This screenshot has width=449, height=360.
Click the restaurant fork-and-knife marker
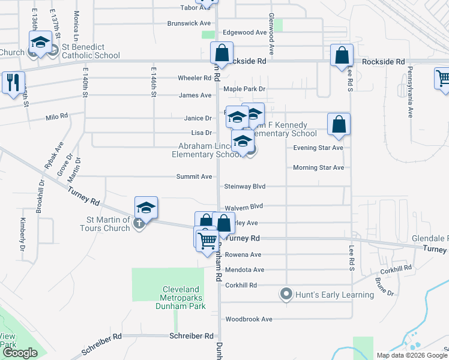click(x=13, y=82)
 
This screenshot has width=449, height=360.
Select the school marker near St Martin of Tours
click(x=146, y=207)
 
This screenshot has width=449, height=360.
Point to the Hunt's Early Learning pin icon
click(x=286, y=295)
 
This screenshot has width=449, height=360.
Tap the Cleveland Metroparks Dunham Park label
click(x=184, y=298)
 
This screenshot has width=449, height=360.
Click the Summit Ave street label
click(x=194, y=177)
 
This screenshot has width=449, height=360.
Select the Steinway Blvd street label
click(x=244, y=187)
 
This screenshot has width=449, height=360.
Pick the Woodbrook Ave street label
click(x=248, y=319)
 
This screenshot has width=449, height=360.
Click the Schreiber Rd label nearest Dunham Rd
click(x=192, y=336)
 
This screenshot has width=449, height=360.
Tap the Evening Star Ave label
click(x=318, y=148)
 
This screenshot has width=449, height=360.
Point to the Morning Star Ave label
click(x=318, y=167)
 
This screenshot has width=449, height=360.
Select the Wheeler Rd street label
click(x=194, y=78)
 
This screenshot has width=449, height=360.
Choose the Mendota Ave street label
click(x=244, y=270)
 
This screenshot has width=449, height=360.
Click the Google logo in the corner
click(x=20, y=353)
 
